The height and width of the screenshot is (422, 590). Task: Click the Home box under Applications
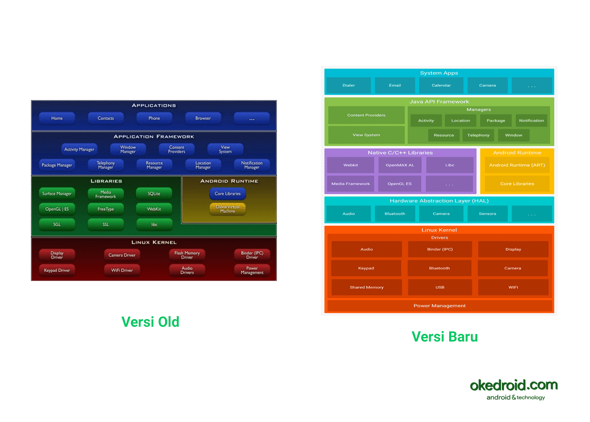pos(57,118)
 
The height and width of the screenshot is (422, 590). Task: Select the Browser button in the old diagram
pos(203,118)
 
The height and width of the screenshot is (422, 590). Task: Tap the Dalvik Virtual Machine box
pos(227,209)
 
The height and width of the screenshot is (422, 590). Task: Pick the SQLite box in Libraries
pos(154,194)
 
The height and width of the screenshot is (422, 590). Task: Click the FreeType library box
pos(106,209)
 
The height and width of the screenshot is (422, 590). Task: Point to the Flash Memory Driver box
pos(187,255)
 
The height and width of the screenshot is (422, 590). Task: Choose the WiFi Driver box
pos(122,270)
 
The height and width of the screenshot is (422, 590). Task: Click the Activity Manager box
pos(79,149)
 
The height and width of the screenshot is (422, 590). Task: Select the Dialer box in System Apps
pos(349,86)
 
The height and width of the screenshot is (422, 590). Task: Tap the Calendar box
pos(441,86)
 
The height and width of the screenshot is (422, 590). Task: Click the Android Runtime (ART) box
pos(517,165)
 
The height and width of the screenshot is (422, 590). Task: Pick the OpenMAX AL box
pos(400,165)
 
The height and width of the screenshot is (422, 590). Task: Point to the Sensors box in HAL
pos(488,214)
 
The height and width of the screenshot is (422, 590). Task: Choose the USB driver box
pos(440,287)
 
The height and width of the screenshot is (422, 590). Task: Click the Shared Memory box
pos(366,287)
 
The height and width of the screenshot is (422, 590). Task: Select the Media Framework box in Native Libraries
pos(351,184)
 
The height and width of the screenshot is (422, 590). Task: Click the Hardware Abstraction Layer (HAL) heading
pos(439,201)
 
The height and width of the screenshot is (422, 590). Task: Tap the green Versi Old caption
pos(150,322)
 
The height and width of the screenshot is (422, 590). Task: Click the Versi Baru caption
pos(444,337)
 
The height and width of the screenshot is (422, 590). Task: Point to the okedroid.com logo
pos(514,388)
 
